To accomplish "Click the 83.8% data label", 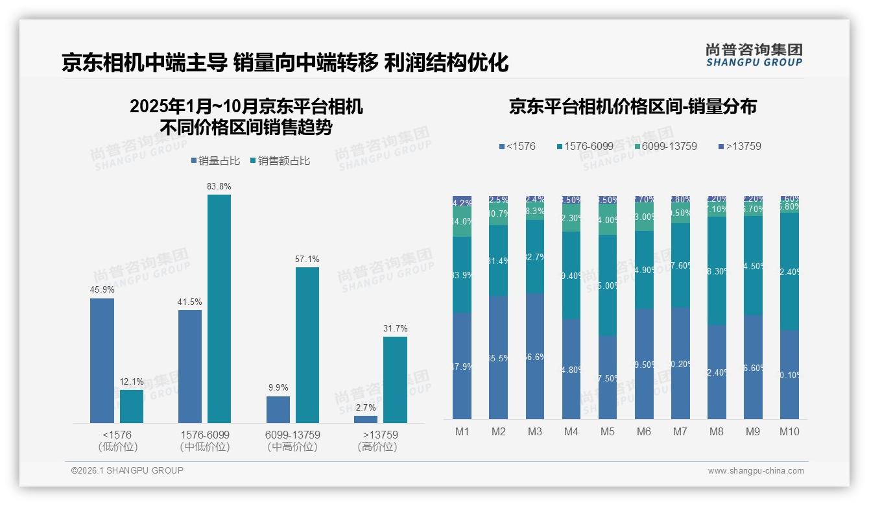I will pos(219,186).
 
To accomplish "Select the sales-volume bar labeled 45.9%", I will pos(102,361).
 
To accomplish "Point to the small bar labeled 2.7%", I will pos(366,419).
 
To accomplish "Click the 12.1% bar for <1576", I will pos(132,406).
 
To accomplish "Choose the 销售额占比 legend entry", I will pos(278,161).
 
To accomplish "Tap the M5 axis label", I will pos(607,432).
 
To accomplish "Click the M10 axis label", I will pos(789,432).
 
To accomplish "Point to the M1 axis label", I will pos(462,432).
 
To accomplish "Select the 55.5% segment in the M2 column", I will pos(498,357).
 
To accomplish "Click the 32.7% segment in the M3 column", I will pos(534,256).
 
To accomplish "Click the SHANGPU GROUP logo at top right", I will pos(754,55).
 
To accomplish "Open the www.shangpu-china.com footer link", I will pos(756,470).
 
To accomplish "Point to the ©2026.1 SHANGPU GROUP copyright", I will pos(127,470).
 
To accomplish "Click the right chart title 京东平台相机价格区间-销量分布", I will pos(632,107).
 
